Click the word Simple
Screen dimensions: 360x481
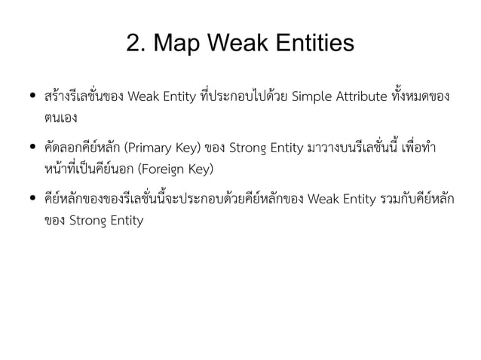(311, 97)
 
